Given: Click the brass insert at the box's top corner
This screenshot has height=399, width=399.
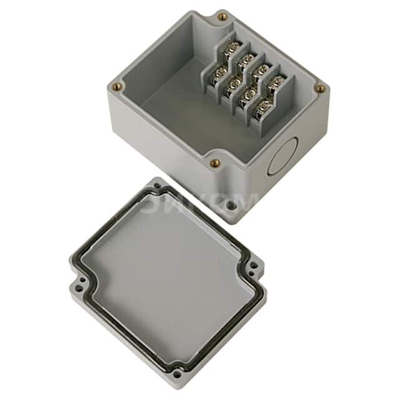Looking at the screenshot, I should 223,17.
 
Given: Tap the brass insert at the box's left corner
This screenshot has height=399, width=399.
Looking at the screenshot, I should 117,87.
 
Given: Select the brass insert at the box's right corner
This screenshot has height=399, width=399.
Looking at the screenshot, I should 320,89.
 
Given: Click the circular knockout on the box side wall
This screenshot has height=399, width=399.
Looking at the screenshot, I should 280,156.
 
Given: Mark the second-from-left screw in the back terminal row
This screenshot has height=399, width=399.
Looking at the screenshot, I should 247,59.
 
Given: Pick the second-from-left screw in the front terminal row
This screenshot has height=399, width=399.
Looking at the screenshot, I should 234,83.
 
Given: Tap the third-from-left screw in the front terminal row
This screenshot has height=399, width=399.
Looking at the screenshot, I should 250,94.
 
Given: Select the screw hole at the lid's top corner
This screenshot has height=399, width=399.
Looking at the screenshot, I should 151,186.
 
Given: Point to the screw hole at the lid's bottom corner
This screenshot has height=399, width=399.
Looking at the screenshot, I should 177,374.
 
